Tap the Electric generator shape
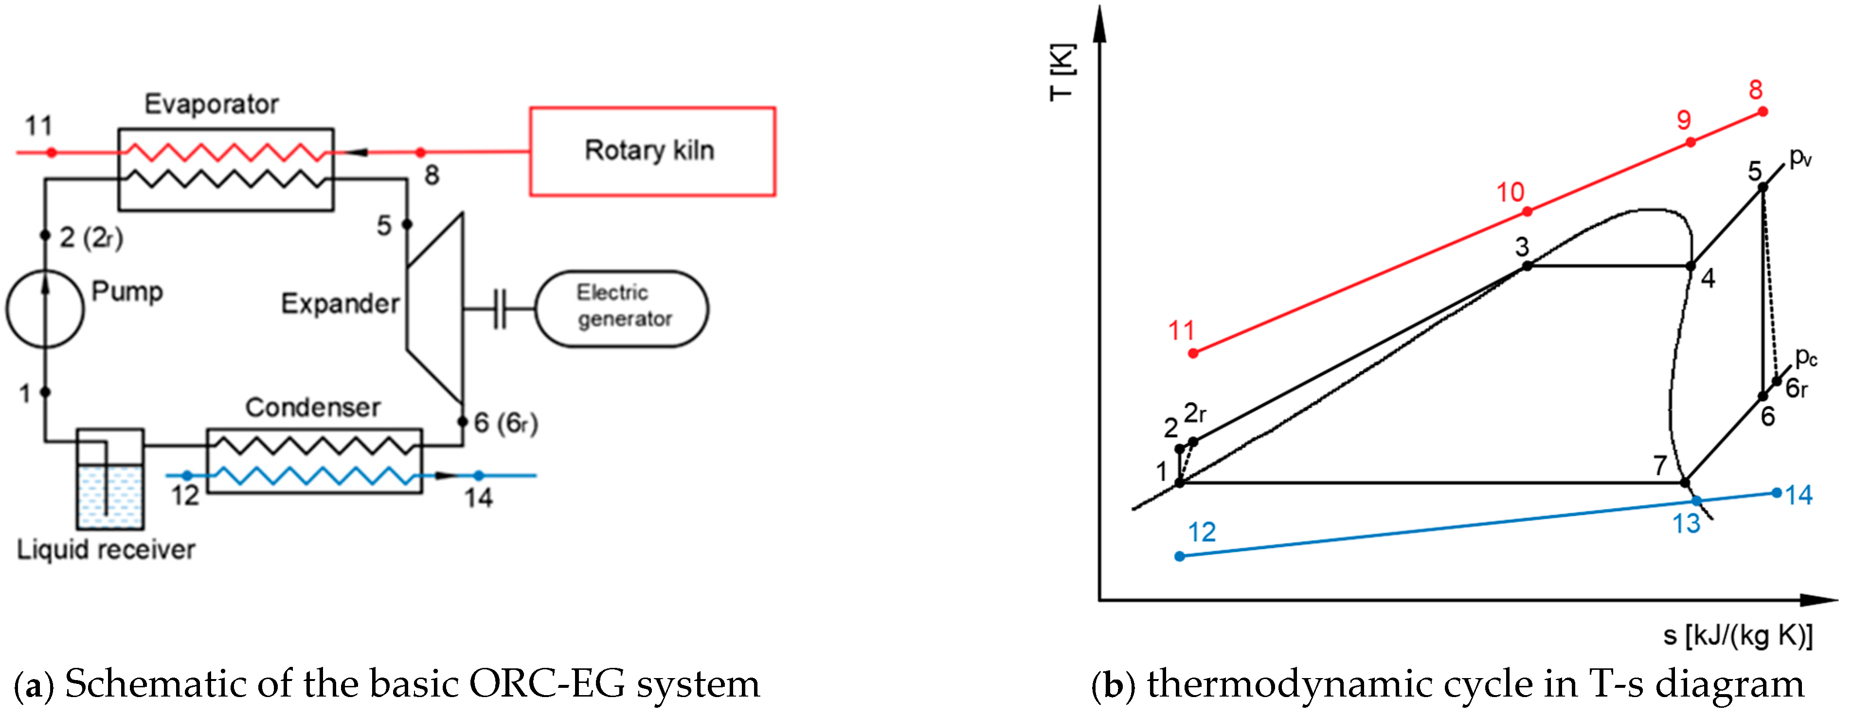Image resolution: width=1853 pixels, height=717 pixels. [x=622, y=308]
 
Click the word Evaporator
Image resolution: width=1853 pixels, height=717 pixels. [x=212, y=104]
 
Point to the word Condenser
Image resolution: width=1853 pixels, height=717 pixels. [x=313, y=408]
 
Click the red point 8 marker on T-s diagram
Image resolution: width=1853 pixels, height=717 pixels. [x=1763, y=111]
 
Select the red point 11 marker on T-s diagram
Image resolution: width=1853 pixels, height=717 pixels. [x=1193, y=353]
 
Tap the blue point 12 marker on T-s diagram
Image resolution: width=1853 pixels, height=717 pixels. [x=1180, y=556]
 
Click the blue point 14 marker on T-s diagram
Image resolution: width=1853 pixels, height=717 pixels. [x=1777, y=493]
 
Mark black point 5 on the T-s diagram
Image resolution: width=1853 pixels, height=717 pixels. [x=1763, y=187]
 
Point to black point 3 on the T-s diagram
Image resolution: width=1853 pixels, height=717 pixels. [x=1527, y=266]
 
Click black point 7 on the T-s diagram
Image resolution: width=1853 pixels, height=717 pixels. [x=1685, y=482]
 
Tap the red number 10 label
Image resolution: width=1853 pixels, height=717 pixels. [x=1511, y=192]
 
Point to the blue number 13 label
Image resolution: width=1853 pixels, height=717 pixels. [x=1687, y=523]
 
